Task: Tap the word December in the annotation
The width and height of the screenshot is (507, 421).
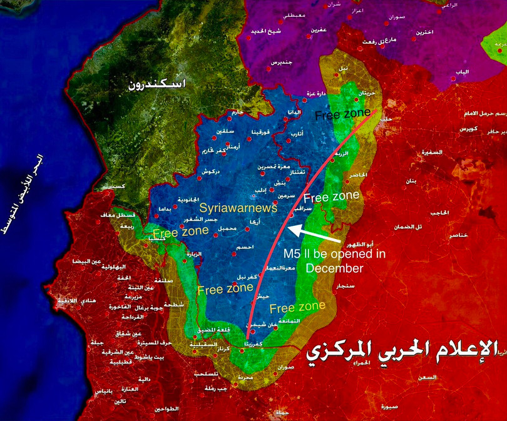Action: point(335,268)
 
